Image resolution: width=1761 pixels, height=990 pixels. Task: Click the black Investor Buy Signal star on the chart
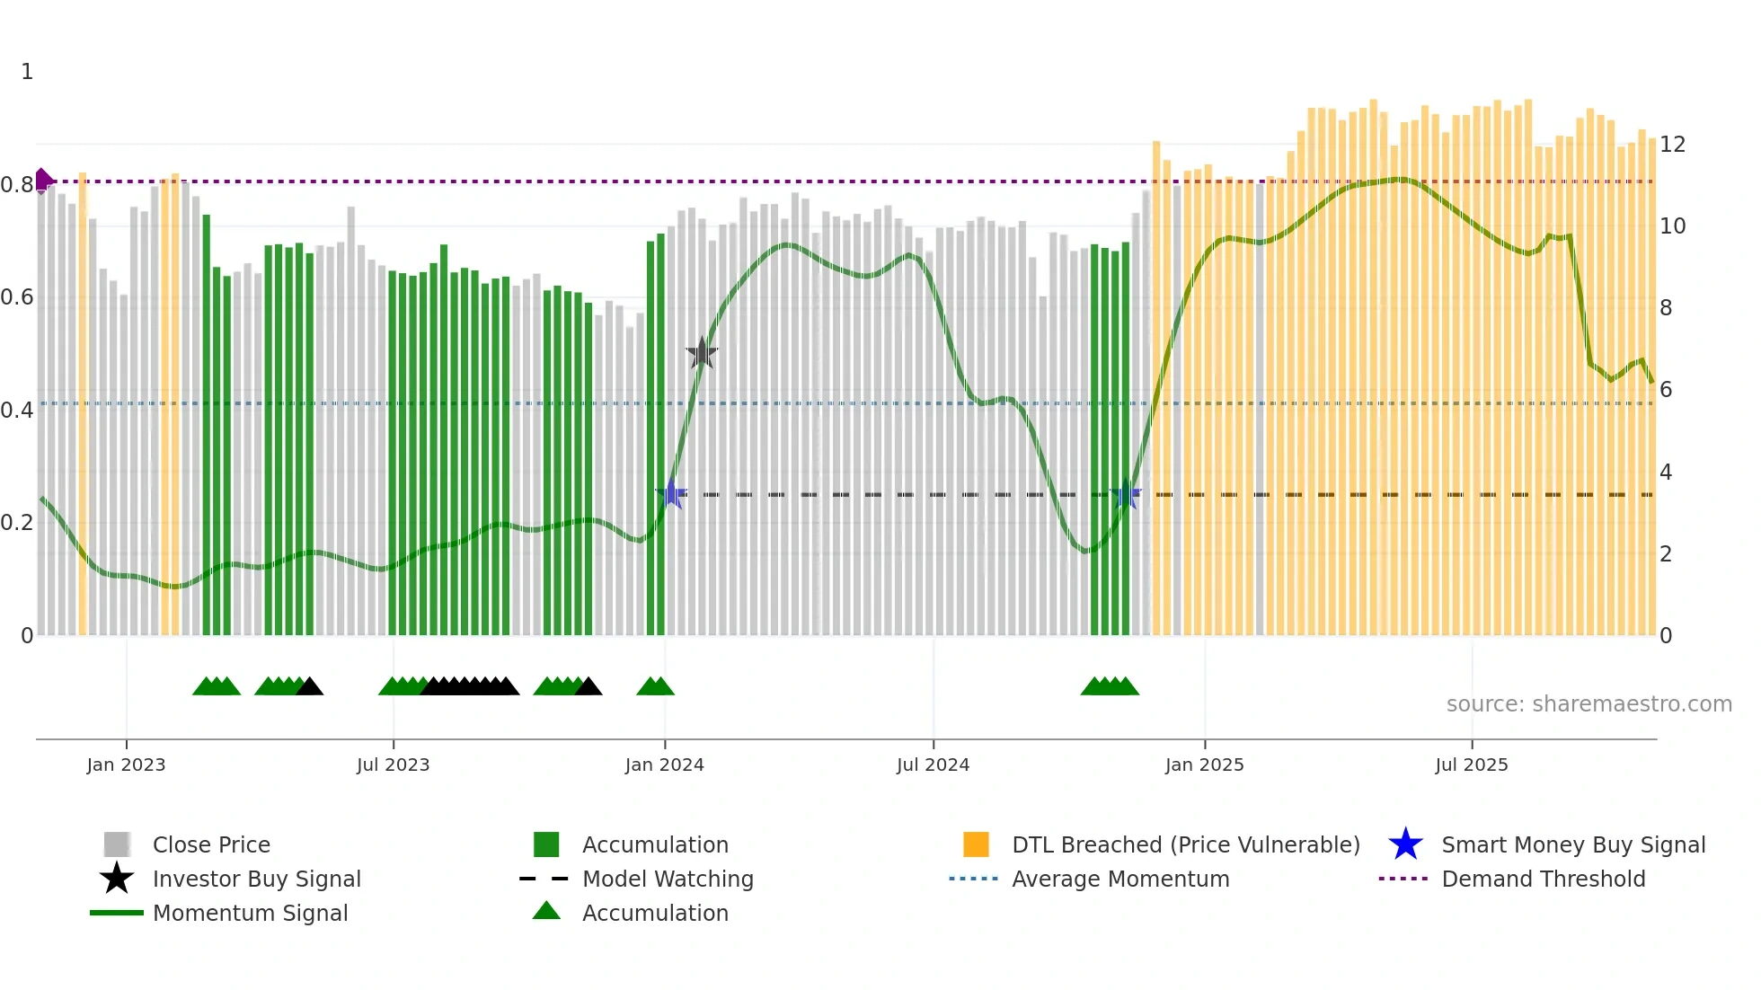(x=702, y=353)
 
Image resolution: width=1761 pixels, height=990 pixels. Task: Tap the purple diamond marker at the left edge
(x=42, y=181)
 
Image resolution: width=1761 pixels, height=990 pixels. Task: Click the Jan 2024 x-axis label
(x=664, y=765)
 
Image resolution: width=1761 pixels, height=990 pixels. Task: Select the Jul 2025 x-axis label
(x=1471, y=765)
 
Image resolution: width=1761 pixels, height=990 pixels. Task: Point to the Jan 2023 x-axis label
(x=126, y=765)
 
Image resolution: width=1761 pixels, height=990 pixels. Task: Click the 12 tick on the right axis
(x=1672, y=145)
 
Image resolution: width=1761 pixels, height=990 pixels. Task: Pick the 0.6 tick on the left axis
(x=17, y=297)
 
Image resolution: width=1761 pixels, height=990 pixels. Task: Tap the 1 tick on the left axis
(x=27, y=72)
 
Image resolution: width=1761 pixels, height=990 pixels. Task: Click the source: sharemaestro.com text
(x=1588, y=704)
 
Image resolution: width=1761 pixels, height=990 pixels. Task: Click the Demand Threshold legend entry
(x=1543, y=879)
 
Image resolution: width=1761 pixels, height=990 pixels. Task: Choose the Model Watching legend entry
(x=668, y=879)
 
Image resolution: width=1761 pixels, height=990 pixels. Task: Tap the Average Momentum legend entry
(x=1119, y=879)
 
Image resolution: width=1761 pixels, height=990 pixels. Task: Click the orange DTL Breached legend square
(x=976, y=844)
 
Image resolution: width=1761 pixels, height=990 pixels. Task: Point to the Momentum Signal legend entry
(x=250, y=913)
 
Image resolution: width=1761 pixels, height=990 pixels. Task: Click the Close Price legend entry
(x=211, y=844)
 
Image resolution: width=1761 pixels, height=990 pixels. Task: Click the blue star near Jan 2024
(x=671, y=494)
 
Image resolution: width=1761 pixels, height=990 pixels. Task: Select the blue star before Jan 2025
(x=1126, y=494)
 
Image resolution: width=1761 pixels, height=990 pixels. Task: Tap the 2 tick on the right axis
(x=1666, y=554)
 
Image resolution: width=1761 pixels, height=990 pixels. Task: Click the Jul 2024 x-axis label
(x=933, y=765)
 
